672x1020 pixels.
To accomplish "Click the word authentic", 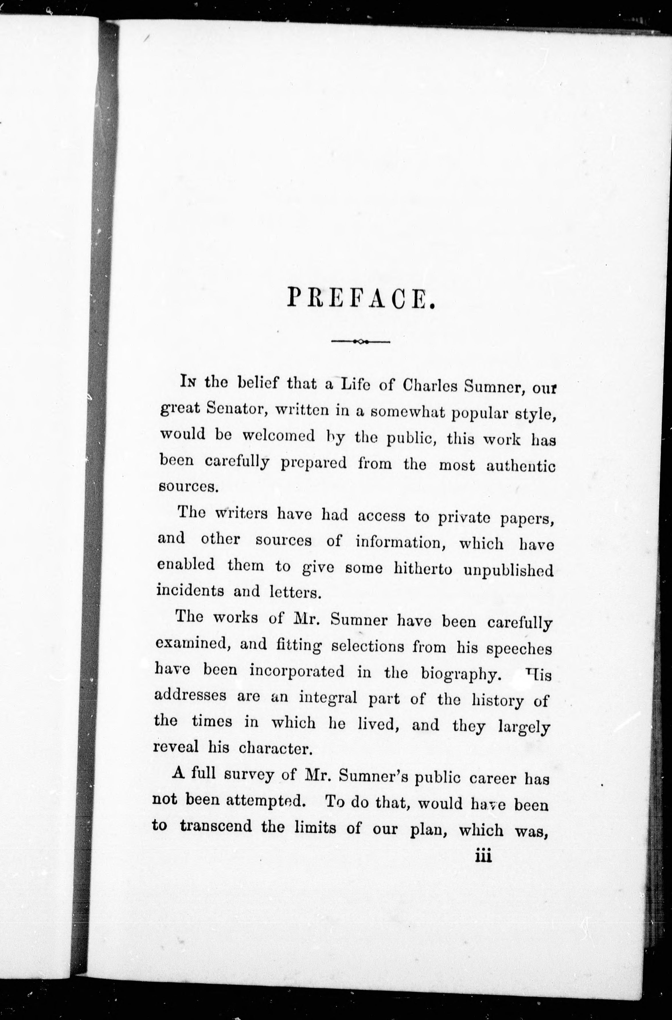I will coord(521,466).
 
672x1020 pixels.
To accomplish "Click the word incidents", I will coord(190,591).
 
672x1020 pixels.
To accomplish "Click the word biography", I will coord(461,673).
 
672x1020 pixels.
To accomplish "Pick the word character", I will coord(274,748).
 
